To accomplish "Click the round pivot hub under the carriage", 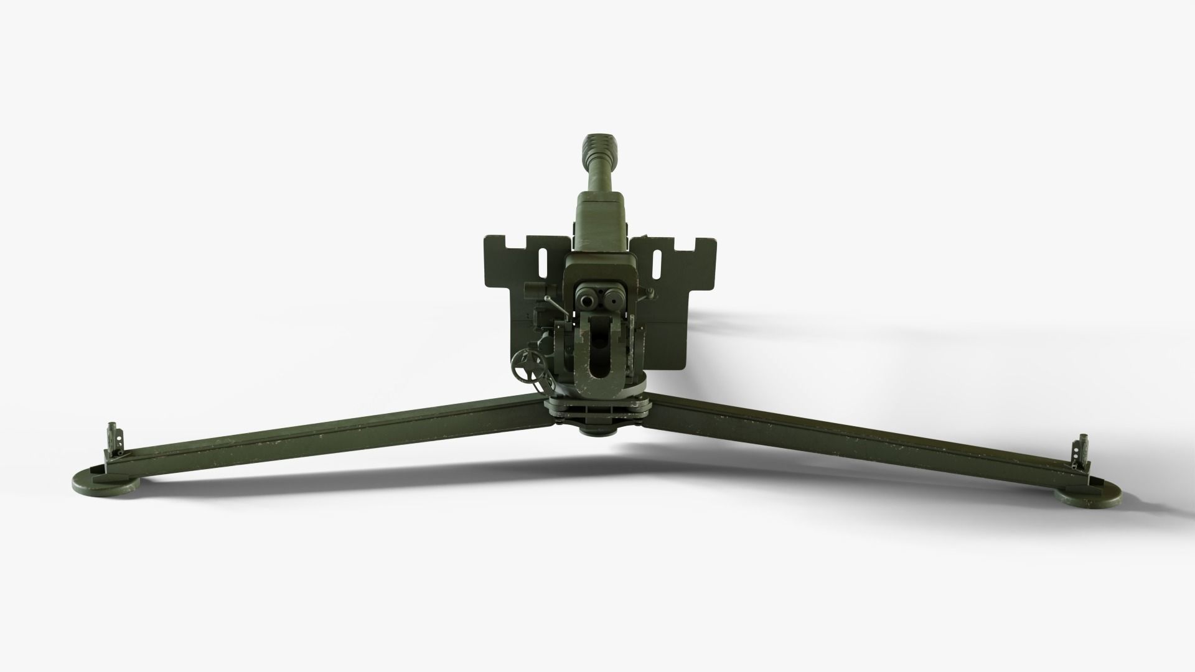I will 598,428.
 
